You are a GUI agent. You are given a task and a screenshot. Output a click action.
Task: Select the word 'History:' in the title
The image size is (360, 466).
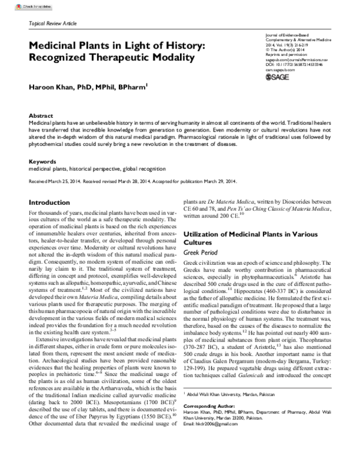[x=179, y=45]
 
